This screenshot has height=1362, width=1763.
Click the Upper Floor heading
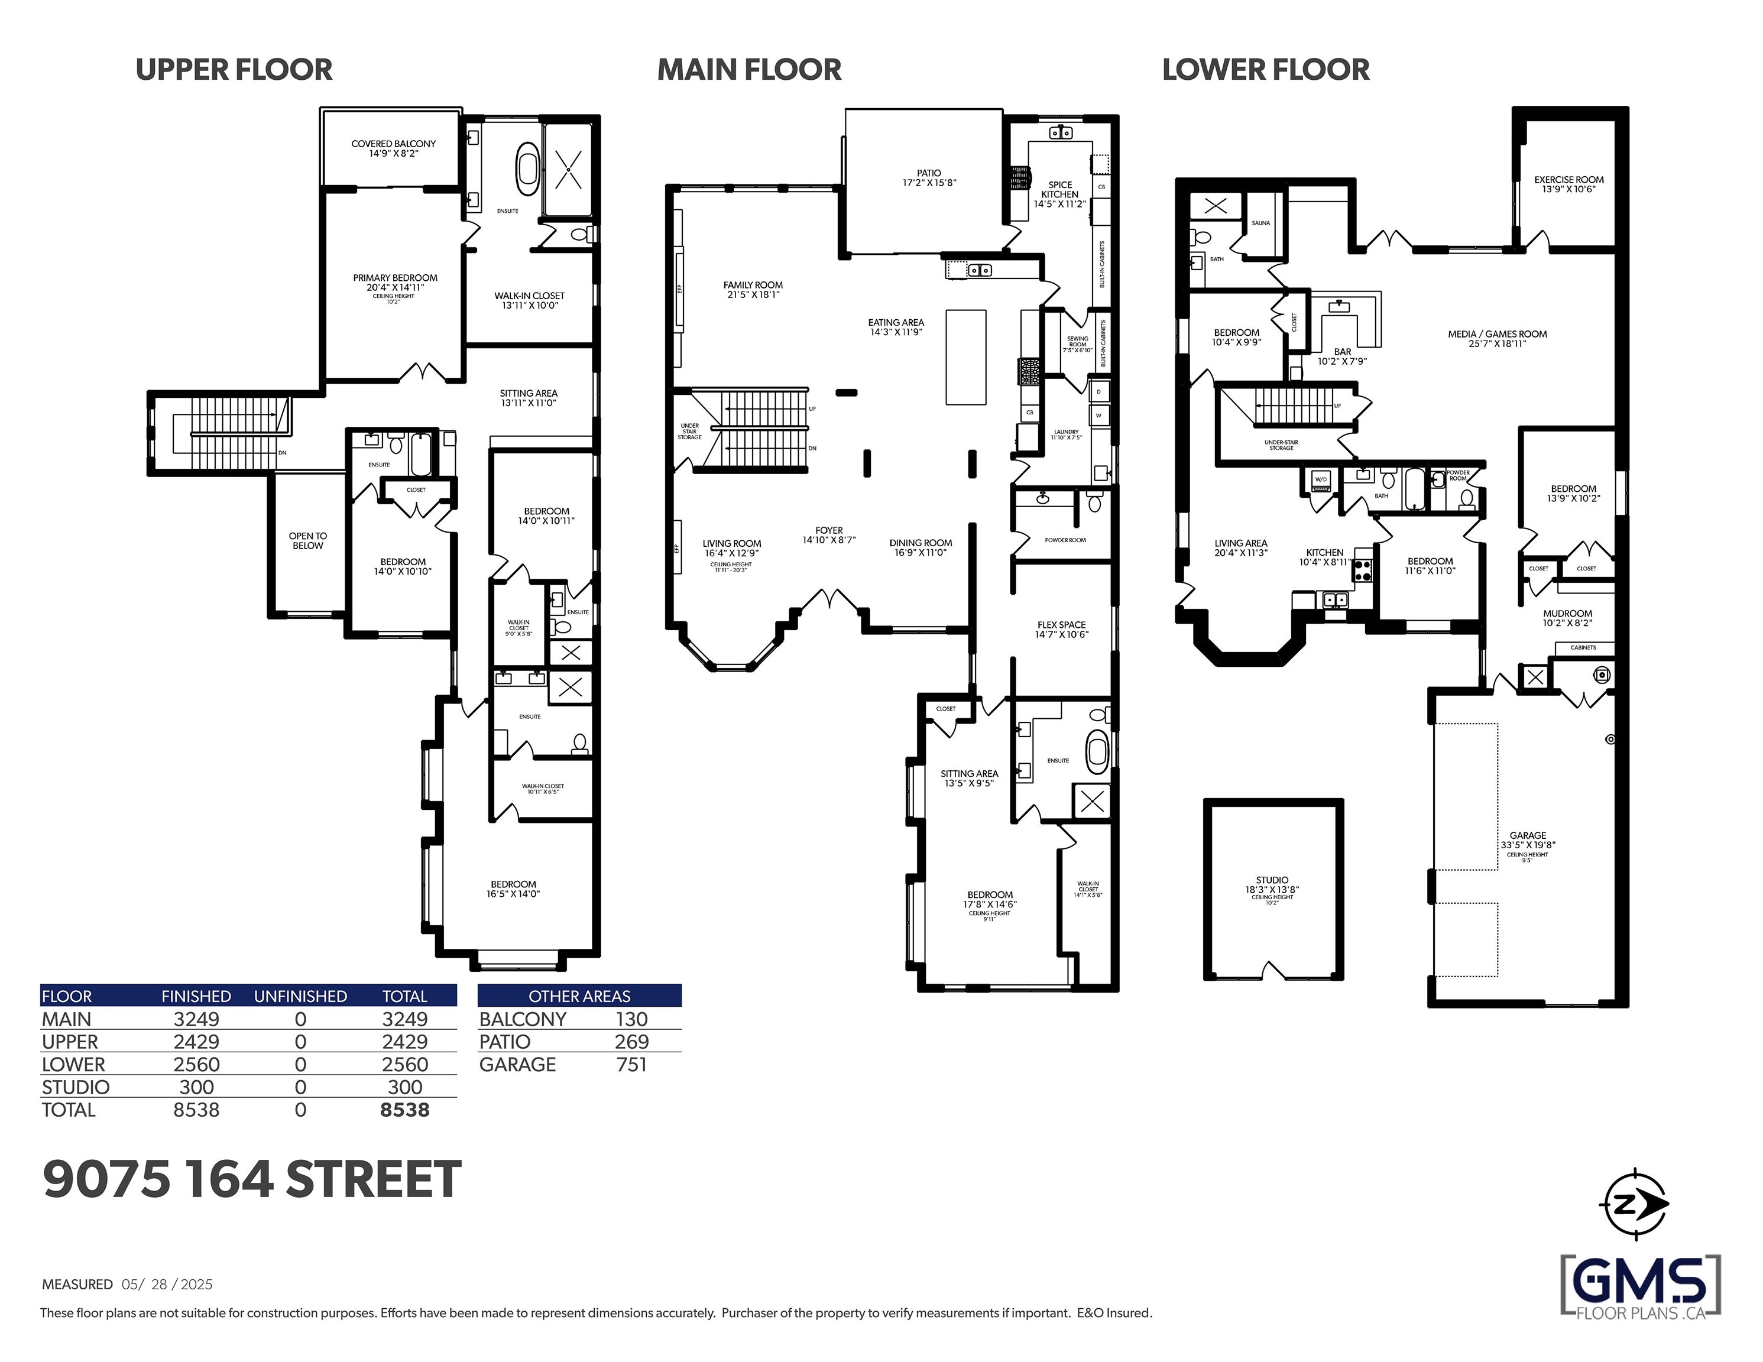234,70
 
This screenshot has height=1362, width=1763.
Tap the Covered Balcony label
393,148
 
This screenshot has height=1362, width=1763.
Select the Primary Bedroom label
395,283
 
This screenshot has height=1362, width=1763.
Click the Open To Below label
307,541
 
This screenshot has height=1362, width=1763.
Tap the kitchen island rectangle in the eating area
965,357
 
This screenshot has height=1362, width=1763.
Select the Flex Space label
1061,629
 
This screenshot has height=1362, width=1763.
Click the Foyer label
829,534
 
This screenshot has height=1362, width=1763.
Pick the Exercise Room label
1568,184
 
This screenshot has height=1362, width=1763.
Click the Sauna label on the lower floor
1260,223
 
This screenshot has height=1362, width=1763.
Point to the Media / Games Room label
1496,338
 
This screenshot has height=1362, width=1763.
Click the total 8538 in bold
404,1110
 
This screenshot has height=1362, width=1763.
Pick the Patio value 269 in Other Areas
631,1042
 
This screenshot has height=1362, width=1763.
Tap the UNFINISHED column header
300,996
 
